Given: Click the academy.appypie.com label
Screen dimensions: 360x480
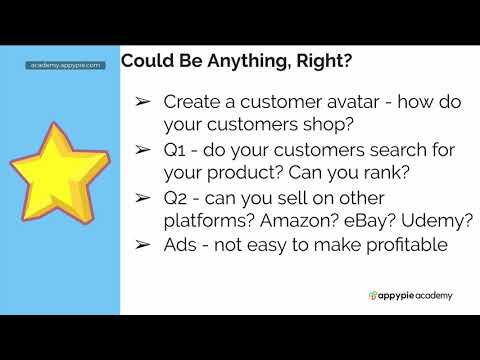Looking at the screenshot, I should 66,65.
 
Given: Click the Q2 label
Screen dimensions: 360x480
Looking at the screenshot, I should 177,197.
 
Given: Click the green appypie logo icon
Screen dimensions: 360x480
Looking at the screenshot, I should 373,295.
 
